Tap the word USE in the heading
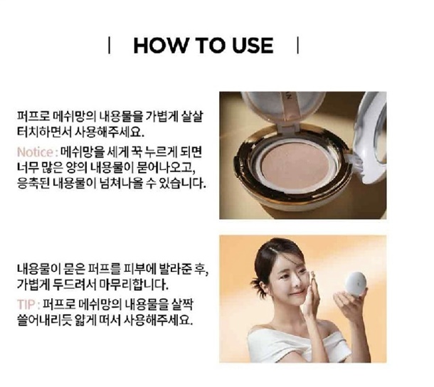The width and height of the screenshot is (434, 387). pos(253,46)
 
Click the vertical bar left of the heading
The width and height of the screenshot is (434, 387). pos(110,46)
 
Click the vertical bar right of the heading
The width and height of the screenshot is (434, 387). pos(298,46)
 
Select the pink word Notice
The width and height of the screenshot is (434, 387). pos(35,152)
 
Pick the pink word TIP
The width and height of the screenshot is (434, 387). pos(26,304)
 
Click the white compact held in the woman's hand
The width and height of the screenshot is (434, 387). pos(356,285)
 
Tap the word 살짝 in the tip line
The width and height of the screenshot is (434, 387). pos(182,304)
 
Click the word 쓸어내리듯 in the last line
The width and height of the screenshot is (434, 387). pos(44,320)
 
